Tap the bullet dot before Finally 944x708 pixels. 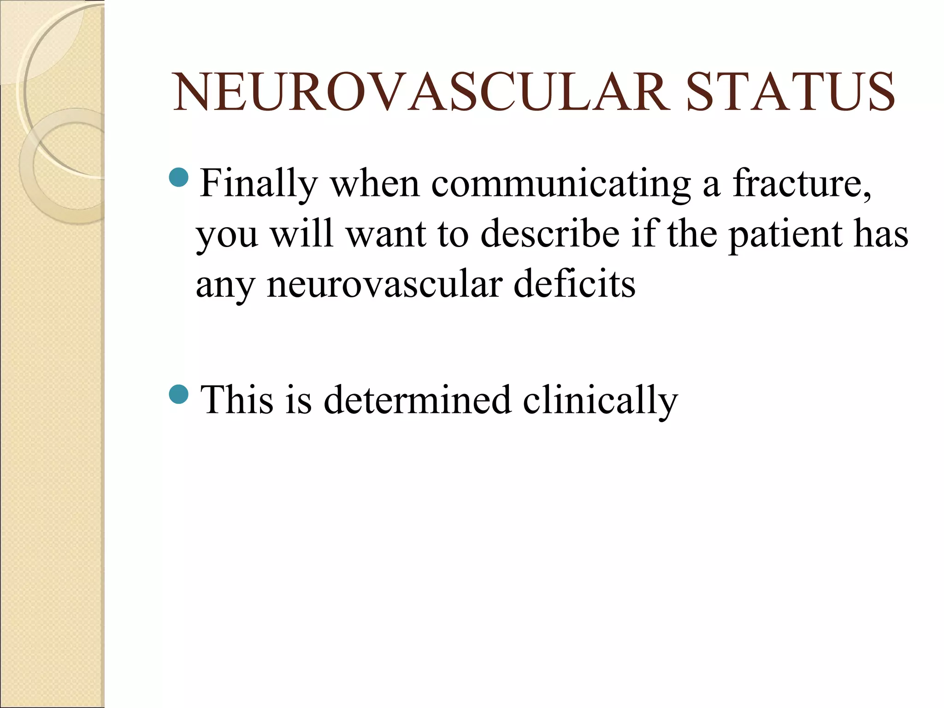click(x=179, y=177)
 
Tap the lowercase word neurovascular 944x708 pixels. click(x=384, y=285)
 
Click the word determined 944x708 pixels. click(x=417, y=400)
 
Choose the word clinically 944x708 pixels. click(x=600, y=401)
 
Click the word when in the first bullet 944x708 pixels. click(x=375, y=183)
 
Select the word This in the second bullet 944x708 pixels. click(x=236, y=400)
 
